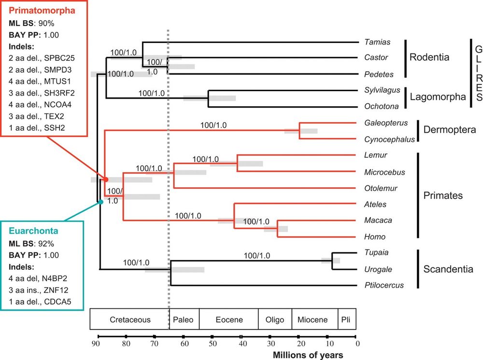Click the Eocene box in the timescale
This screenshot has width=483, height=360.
[229, 319]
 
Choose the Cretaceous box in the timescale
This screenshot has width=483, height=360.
[130, 319]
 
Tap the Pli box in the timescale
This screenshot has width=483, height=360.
[347, 319]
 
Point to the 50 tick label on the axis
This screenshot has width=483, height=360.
[213, 344]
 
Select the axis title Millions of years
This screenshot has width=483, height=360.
[308, 355]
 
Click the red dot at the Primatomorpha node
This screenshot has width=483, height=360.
[105, 179]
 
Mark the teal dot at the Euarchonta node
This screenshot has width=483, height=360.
[101, 202]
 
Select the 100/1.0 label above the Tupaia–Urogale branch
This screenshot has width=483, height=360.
[257, 256]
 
